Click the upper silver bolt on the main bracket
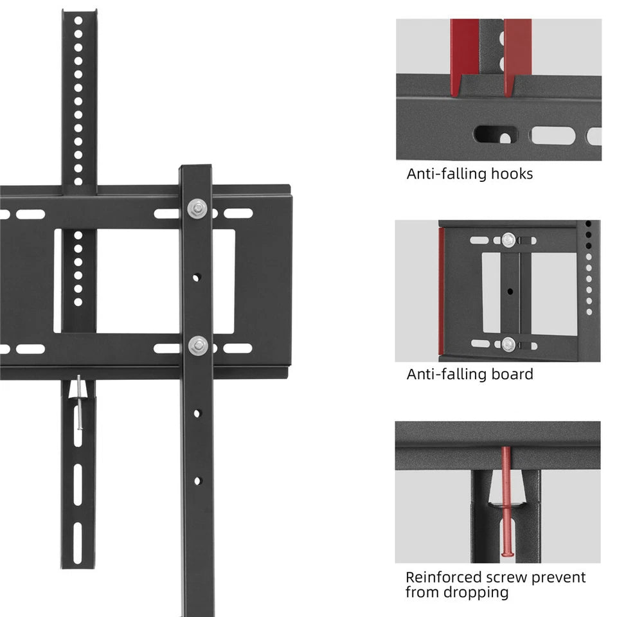point(197,209)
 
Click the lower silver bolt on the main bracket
point(197,345)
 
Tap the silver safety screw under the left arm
point(78,402)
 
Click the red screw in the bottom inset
point(506,501)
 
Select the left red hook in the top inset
point(464,55)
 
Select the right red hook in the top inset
point(518,55)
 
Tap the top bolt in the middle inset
point(508,240)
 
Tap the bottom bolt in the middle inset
point(508,344)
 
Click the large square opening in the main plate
point(138,281)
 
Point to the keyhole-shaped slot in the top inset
point(496,136)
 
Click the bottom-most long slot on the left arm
point(78,543)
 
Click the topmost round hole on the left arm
point(78,21)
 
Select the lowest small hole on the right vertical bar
point(197,480)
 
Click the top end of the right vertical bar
point(195,169)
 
